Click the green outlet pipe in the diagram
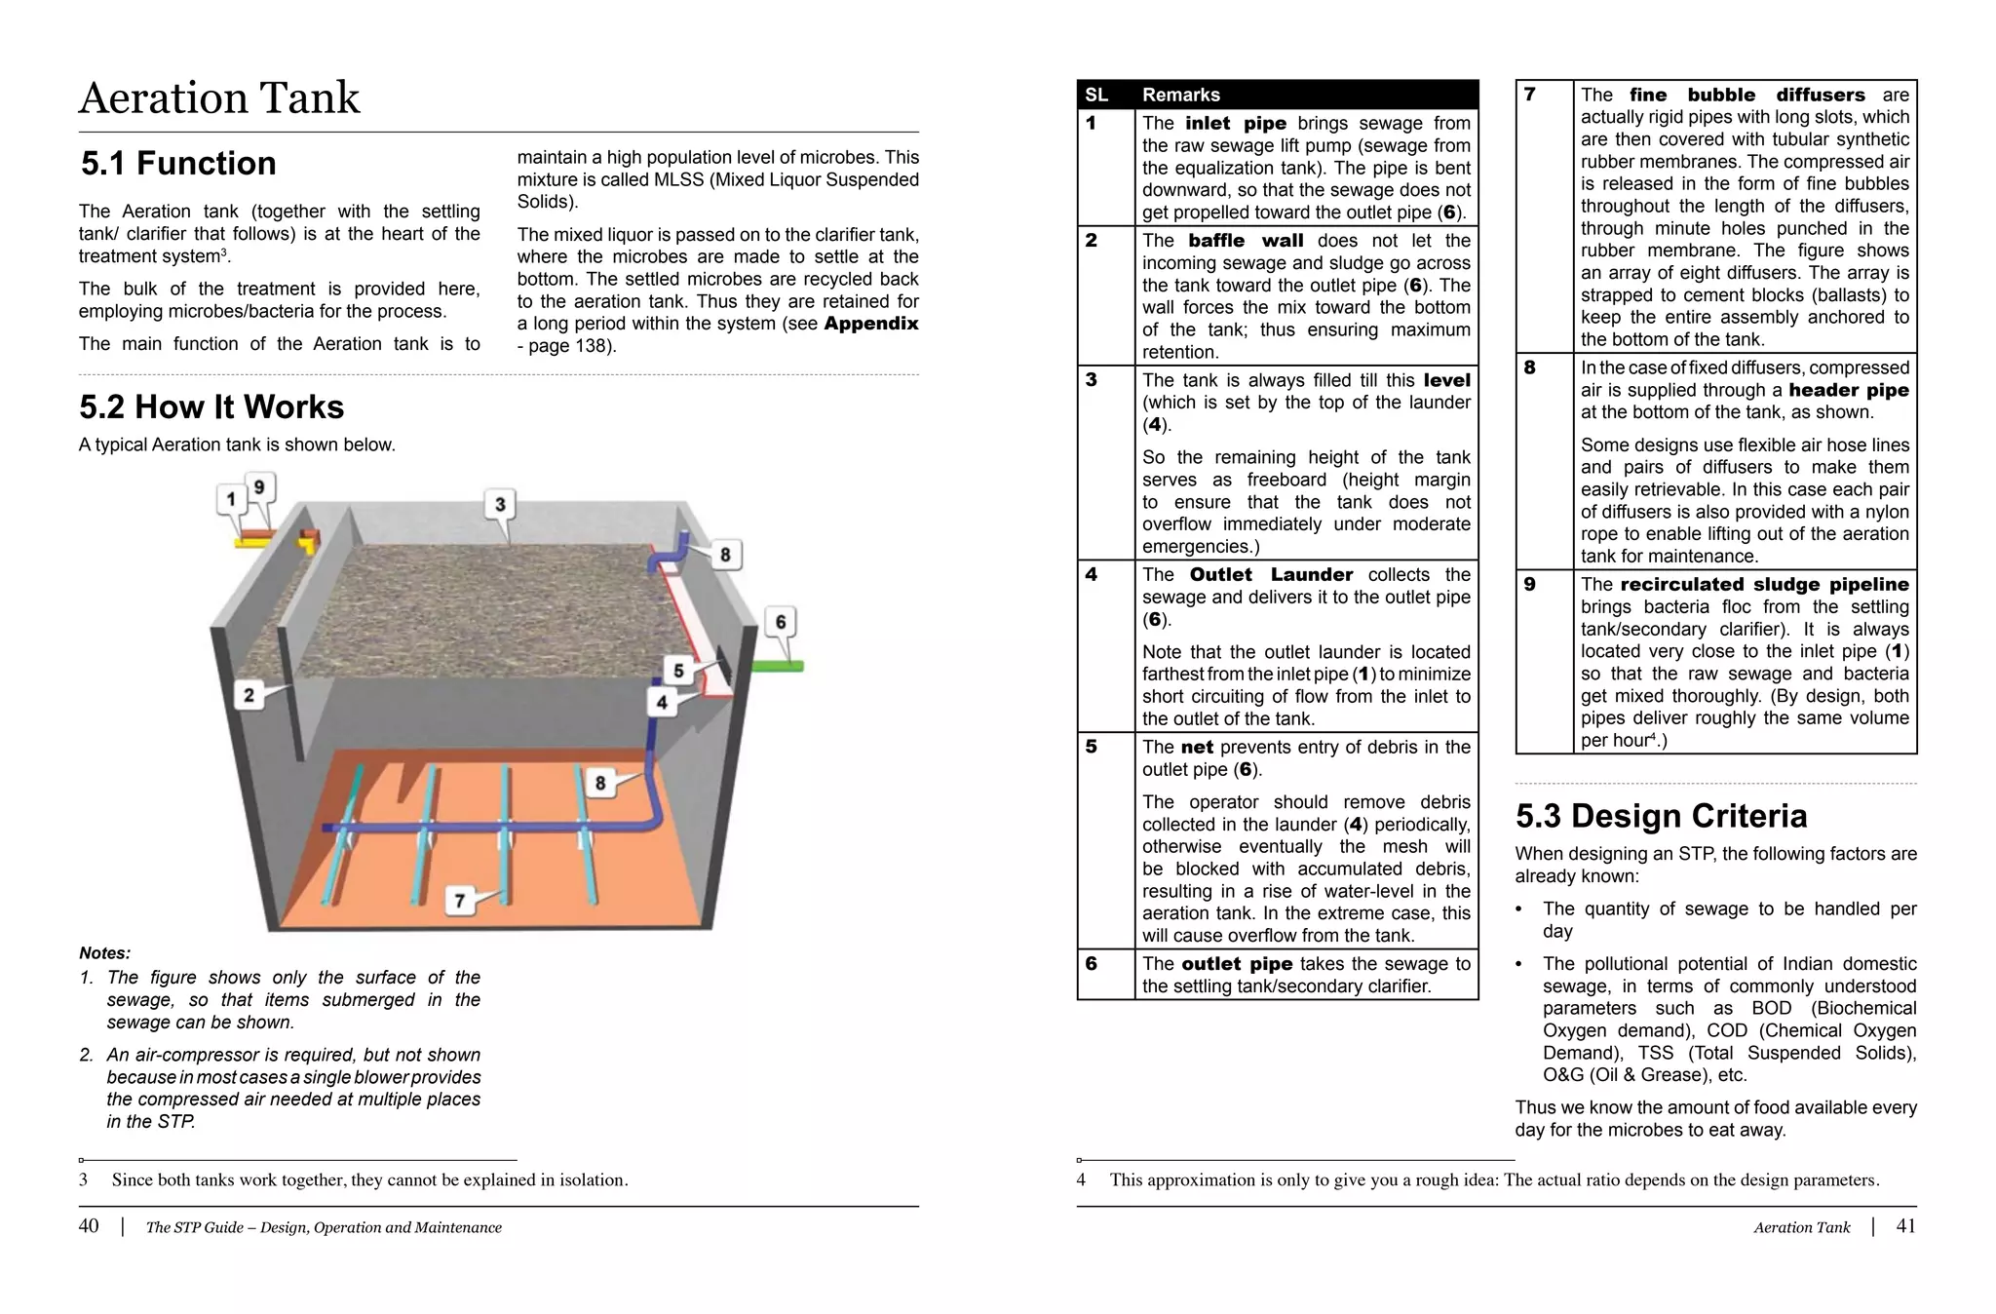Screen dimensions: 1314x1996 tap(778, 666)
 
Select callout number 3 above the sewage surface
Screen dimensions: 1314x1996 tap(500, 504)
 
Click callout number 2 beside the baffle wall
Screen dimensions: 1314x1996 tap(249, 695)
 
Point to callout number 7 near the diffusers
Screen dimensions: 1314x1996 tap(460, 901)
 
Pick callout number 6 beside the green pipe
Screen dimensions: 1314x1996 tap(781, 622)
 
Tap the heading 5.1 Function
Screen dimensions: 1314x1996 tap(178, 164)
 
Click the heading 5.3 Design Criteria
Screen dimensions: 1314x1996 tap(1661, 816)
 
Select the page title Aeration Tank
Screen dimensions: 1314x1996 tap(219, 98)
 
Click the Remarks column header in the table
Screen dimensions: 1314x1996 tap(1180, 95)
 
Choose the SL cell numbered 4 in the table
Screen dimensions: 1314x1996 tap(1092, 575)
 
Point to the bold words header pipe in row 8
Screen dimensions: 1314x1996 tap(1848, 390)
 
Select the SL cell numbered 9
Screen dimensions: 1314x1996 tap(1530, 585)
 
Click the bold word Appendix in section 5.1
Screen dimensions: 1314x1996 tap(870, 324)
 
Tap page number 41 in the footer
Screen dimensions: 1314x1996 tap(1905, 1226)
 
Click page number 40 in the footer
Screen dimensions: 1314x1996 tap(89, 1226)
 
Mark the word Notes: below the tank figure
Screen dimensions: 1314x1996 tap(104, 953)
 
